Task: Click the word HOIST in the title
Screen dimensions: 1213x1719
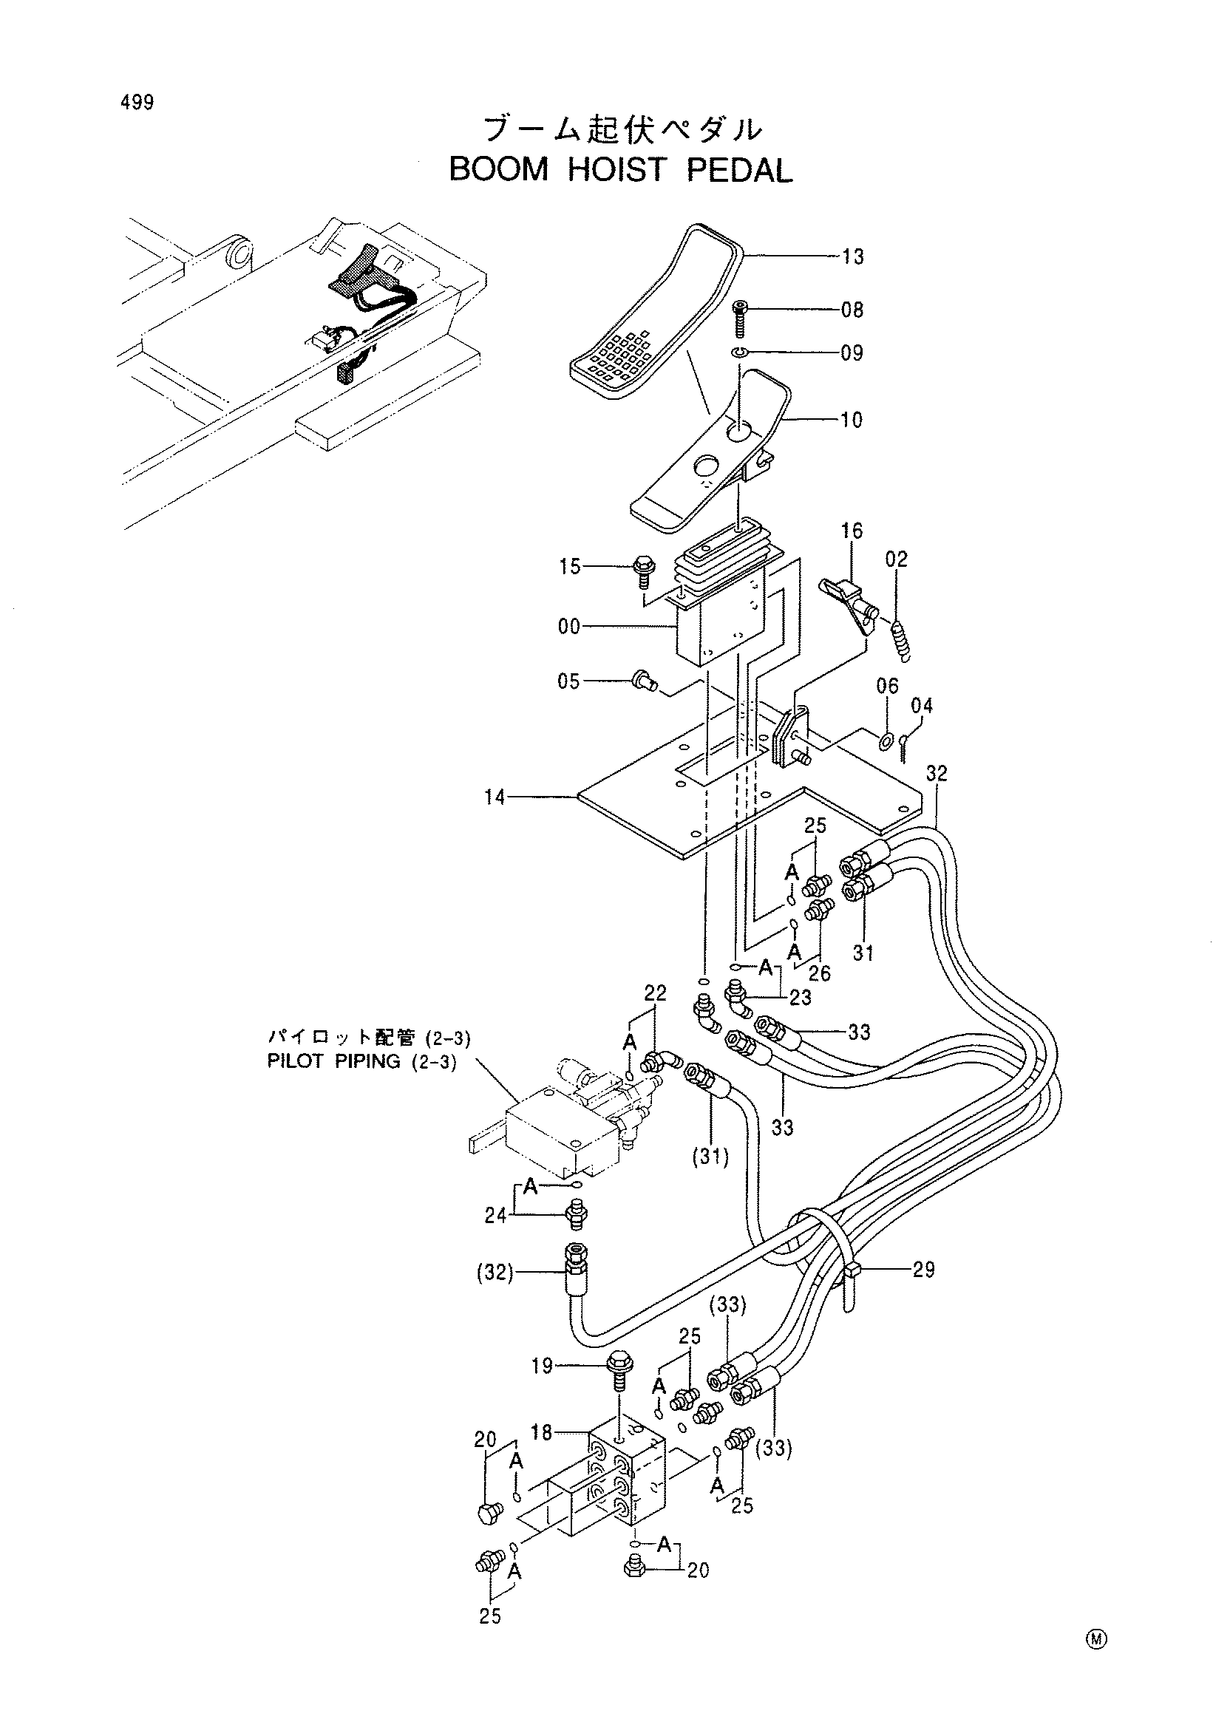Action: tap(616, 171)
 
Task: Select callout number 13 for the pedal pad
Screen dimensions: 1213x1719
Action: tap(852, 256)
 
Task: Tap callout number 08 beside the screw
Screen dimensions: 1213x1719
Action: tap(852, 310)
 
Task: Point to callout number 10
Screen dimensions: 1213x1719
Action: tap(852, 420)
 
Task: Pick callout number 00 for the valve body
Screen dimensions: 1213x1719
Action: tap(569, 627)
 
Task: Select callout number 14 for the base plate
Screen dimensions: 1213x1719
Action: tap(495, 797)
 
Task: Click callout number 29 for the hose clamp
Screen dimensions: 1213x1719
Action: tap(924, 1270)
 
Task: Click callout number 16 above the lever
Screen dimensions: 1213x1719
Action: tap(852, 531)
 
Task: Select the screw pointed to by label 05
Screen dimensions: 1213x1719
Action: tap(645, 680)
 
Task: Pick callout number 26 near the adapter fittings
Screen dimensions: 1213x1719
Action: tap(820, 973)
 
